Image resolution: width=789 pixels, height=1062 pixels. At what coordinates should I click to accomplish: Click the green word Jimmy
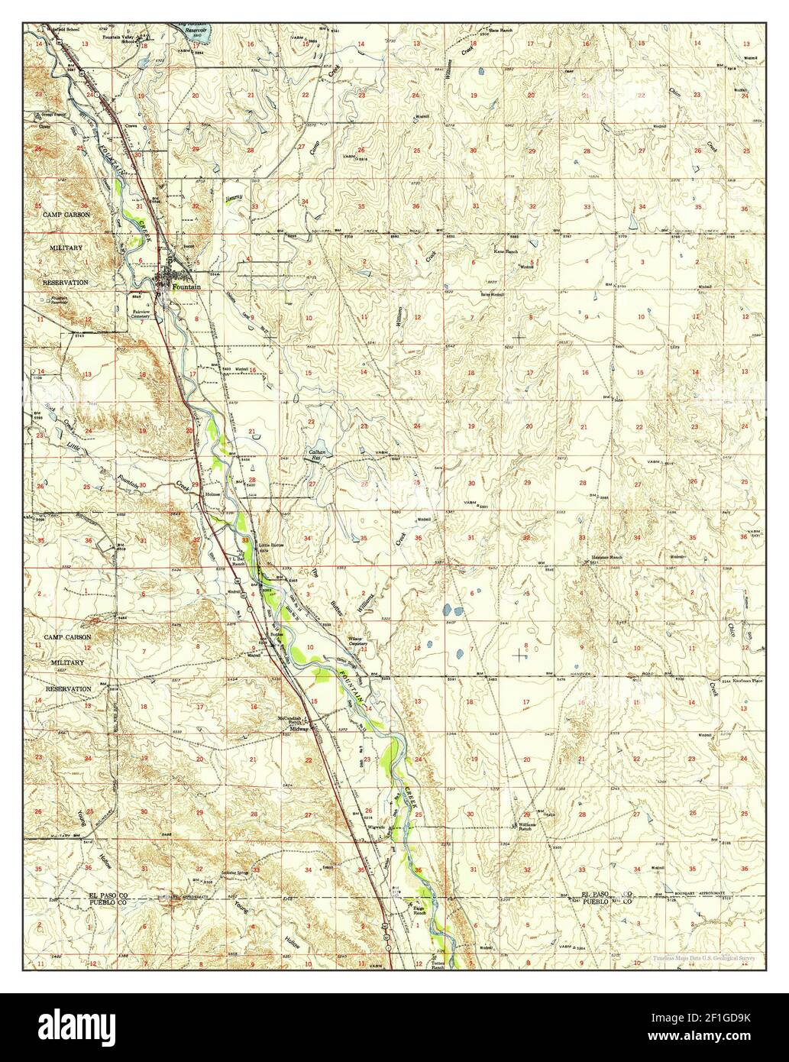(x=234, y=199)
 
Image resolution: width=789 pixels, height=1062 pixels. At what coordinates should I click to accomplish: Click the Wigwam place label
(x=376, y=827)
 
